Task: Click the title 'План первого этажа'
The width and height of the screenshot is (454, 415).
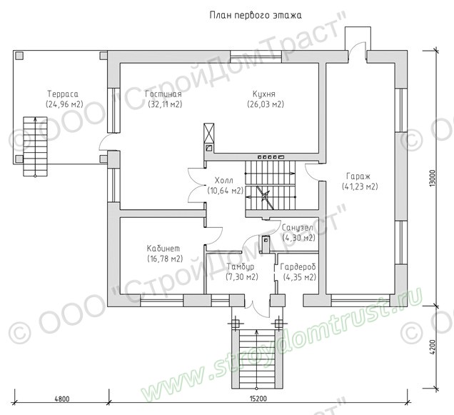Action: click(256, 15)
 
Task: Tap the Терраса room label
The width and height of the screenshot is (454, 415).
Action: click(63, 94)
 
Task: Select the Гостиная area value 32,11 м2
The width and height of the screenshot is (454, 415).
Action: click(165, 104)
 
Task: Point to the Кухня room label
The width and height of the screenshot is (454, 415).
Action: click(264, 94)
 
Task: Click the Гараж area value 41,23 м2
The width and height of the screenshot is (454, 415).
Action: click(360, 186)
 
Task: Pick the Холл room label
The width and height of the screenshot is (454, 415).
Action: click(224, 181)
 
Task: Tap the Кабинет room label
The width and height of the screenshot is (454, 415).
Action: click(163, 249)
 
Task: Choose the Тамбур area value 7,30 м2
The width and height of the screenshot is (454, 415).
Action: click(242, 276)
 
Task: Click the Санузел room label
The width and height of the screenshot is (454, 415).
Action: click(298, 228)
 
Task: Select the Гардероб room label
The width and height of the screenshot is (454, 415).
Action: click(298, 266)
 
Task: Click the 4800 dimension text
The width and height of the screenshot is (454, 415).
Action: click(61, 399)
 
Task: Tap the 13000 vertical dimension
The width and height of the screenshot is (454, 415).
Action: click(433, 179)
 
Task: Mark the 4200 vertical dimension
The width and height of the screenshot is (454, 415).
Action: click(433, 347)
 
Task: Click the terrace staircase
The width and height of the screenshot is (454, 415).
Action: click(35, 146)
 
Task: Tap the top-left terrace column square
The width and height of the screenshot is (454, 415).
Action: click(19, 55)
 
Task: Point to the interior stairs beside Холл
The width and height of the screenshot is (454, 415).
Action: click(270, 185)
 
